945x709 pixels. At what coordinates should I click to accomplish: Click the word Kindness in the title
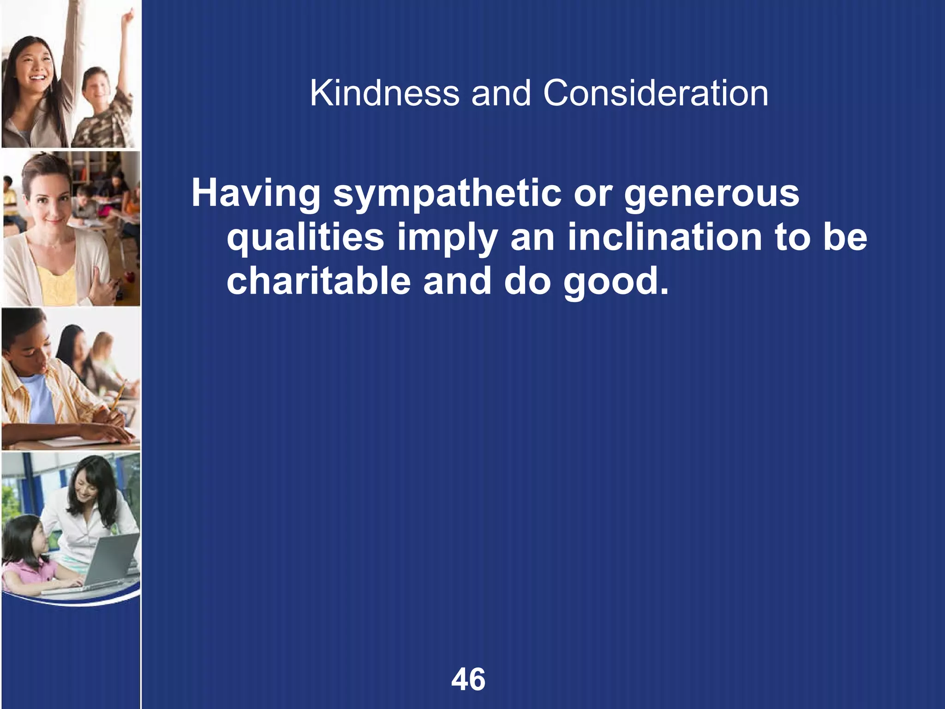(x=384, y=94)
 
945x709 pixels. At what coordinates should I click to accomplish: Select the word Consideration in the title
(x=655, y=94)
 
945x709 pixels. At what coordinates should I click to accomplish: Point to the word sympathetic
(x=447, y=194)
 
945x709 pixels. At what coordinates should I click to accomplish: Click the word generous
(x=712, y=194)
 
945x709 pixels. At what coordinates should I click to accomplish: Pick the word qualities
(x=305, y=238)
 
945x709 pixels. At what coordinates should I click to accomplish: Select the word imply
(x=447, y=238)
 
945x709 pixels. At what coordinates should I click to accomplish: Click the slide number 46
(x=468, y=679)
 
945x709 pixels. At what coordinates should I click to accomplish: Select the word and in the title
(x=501, y=94)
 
